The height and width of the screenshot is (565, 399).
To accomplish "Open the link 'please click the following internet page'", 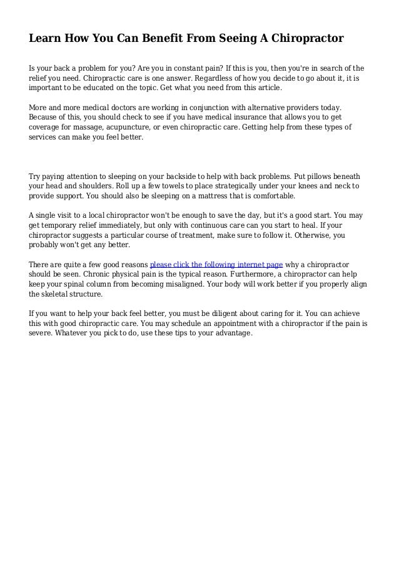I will (x=216, y=263).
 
